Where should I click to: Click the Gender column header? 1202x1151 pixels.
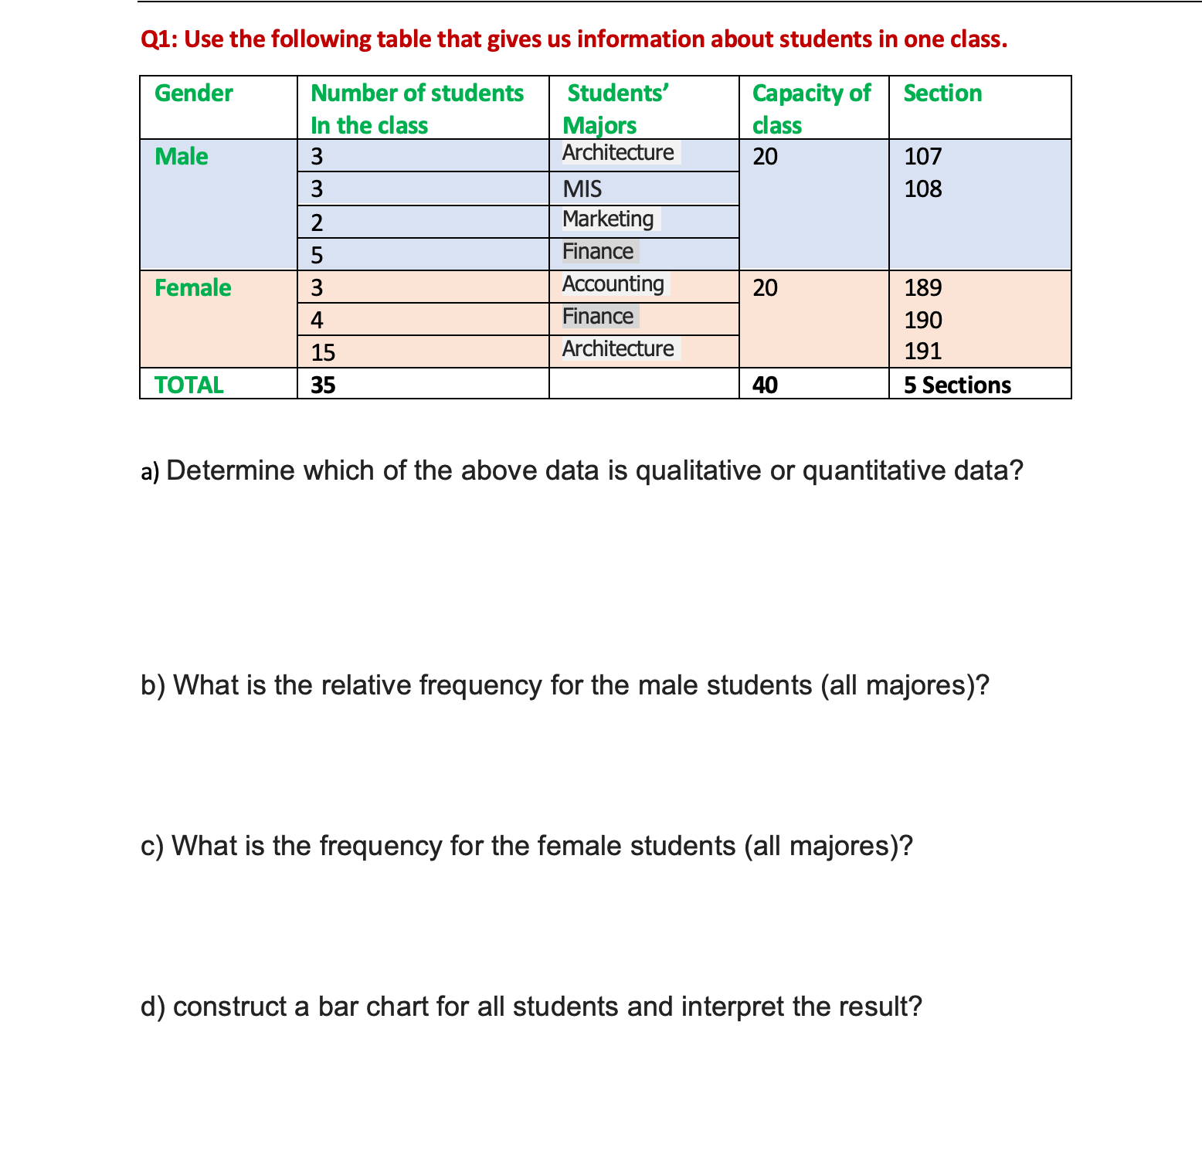point(193,93)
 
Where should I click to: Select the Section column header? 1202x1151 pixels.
point(942,93)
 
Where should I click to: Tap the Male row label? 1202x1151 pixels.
point(182,157)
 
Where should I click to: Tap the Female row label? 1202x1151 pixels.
point(193,288)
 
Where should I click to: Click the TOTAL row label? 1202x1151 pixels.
point(189,385)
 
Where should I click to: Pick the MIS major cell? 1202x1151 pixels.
point(582,189)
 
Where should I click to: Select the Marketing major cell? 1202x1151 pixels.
point(608,219)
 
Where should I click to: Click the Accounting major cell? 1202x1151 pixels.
point(613,284)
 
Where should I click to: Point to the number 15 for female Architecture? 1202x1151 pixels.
point(323,353)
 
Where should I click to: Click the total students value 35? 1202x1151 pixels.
point(323,385)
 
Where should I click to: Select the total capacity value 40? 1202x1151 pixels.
point(765,385)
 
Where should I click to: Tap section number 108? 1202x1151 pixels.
point(923,189)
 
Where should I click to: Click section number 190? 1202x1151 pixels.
point(923,320)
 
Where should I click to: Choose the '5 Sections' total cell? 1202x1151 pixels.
point(957,385)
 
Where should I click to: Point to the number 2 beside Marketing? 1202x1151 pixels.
point(317,223)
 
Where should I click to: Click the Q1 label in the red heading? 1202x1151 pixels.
point(158,39)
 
